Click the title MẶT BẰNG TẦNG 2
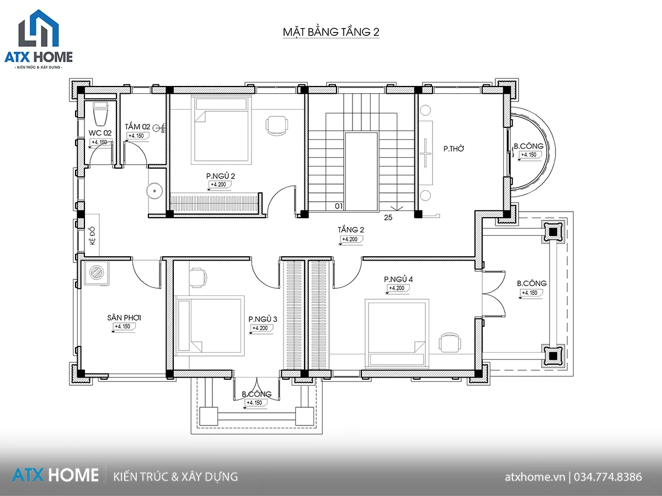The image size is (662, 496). pos(331,32)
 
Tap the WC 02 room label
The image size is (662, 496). pos(100,133)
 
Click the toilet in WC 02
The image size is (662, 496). pos(100,114)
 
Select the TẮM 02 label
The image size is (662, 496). pos(137,127)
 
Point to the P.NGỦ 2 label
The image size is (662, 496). pos(221,176)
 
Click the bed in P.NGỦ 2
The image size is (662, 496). pos(221,130)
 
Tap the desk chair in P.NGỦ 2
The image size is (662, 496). pos(276,126)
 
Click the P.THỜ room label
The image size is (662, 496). pos(453,148)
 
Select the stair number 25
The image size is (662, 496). pos(388,218)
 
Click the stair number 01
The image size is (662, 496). pos(339,206)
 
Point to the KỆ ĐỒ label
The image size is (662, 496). pos(92,236)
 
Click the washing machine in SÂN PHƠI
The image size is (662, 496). pos(97,273)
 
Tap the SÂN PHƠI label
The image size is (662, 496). pos(124,318)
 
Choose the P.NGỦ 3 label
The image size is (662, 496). pos(263,319)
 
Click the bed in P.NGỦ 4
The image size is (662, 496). pos(397,333)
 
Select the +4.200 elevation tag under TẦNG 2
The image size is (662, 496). pos(351,239)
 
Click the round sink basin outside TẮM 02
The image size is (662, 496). pos(154,191)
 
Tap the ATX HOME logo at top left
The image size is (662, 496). pos(39,39)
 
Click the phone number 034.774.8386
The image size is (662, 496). pos(608,477)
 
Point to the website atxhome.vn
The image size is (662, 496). pos(535,477)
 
